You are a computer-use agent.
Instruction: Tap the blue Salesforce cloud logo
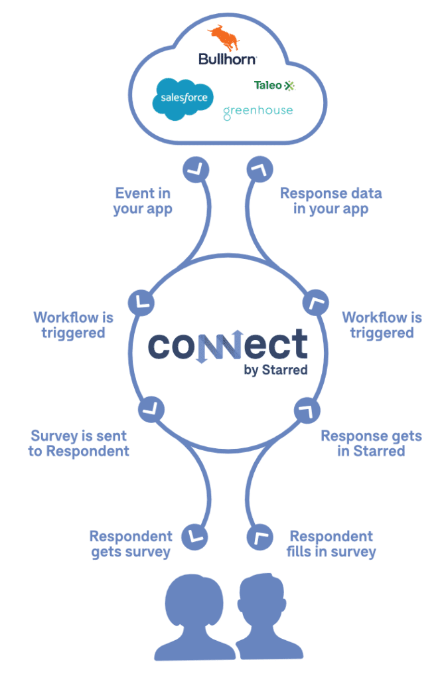point(183,98)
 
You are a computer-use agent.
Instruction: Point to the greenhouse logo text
point(258,111)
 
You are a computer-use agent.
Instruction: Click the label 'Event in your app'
point(143,201)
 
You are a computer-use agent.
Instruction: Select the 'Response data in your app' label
point(331,201)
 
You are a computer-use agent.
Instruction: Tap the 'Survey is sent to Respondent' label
point(78,444)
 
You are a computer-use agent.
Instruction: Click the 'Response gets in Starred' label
point(371,444)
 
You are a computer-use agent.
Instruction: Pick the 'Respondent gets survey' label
point(131,543)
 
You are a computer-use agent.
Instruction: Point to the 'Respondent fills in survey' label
point(331,543)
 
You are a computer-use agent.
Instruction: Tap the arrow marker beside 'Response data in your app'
point(257,171)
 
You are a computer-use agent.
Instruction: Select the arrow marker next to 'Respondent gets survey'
point(195,535)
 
